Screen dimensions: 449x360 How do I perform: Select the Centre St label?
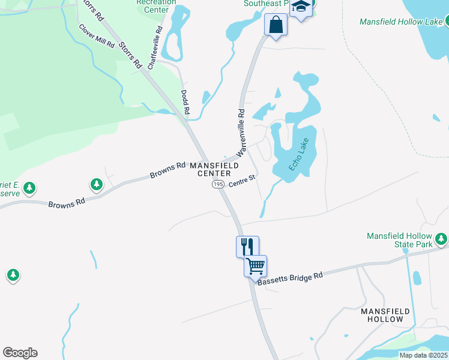pos(243,178)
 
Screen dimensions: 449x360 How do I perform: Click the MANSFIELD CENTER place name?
pos(214,169)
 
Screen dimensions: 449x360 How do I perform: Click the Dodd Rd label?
pos(185,103)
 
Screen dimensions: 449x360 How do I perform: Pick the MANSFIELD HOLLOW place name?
pos(385,315)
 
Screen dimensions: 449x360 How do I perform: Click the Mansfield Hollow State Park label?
pos(399,241)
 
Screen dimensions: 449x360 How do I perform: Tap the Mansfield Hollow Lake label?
pos(401,22)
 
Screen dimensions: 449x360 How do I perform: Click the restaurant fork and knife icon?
pos(247,245)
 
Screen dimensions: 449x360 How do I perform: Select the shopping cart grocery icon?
pos(255,265)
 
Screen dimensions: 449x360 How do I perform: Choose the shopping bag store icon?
pos(276,25)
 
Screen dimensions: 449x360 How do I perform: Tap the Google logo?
pos(20,353)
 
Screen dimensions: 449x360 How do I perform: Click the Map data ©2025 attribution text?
pos(423,355)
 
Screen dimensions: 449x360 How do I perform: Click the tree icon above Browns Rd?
pos(96,184)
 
